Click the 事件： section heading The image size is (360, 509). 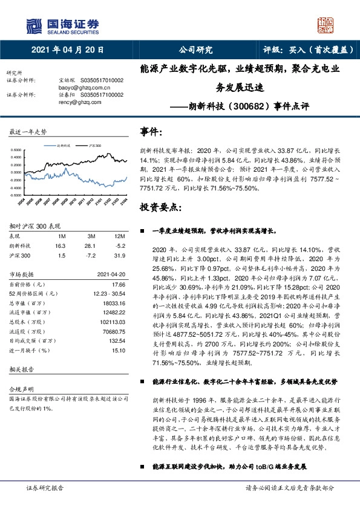coord(151,131)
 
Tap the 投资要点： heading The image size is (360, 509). coord(160,207)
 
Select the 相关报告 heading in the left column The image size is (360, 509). coord(19,368)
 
